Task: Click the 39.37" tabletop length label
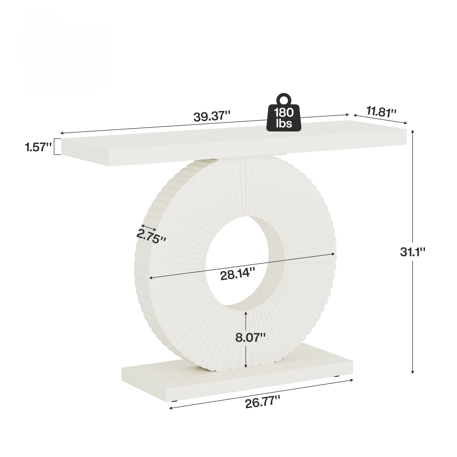pos(212,116)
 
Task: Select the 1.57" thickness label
pos(38,147)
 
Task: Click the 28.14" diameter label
pos(237,275)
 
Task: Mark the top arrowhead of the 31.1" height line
pos(413,131)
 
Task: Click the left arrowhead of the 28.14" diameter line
pos(151,278)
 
